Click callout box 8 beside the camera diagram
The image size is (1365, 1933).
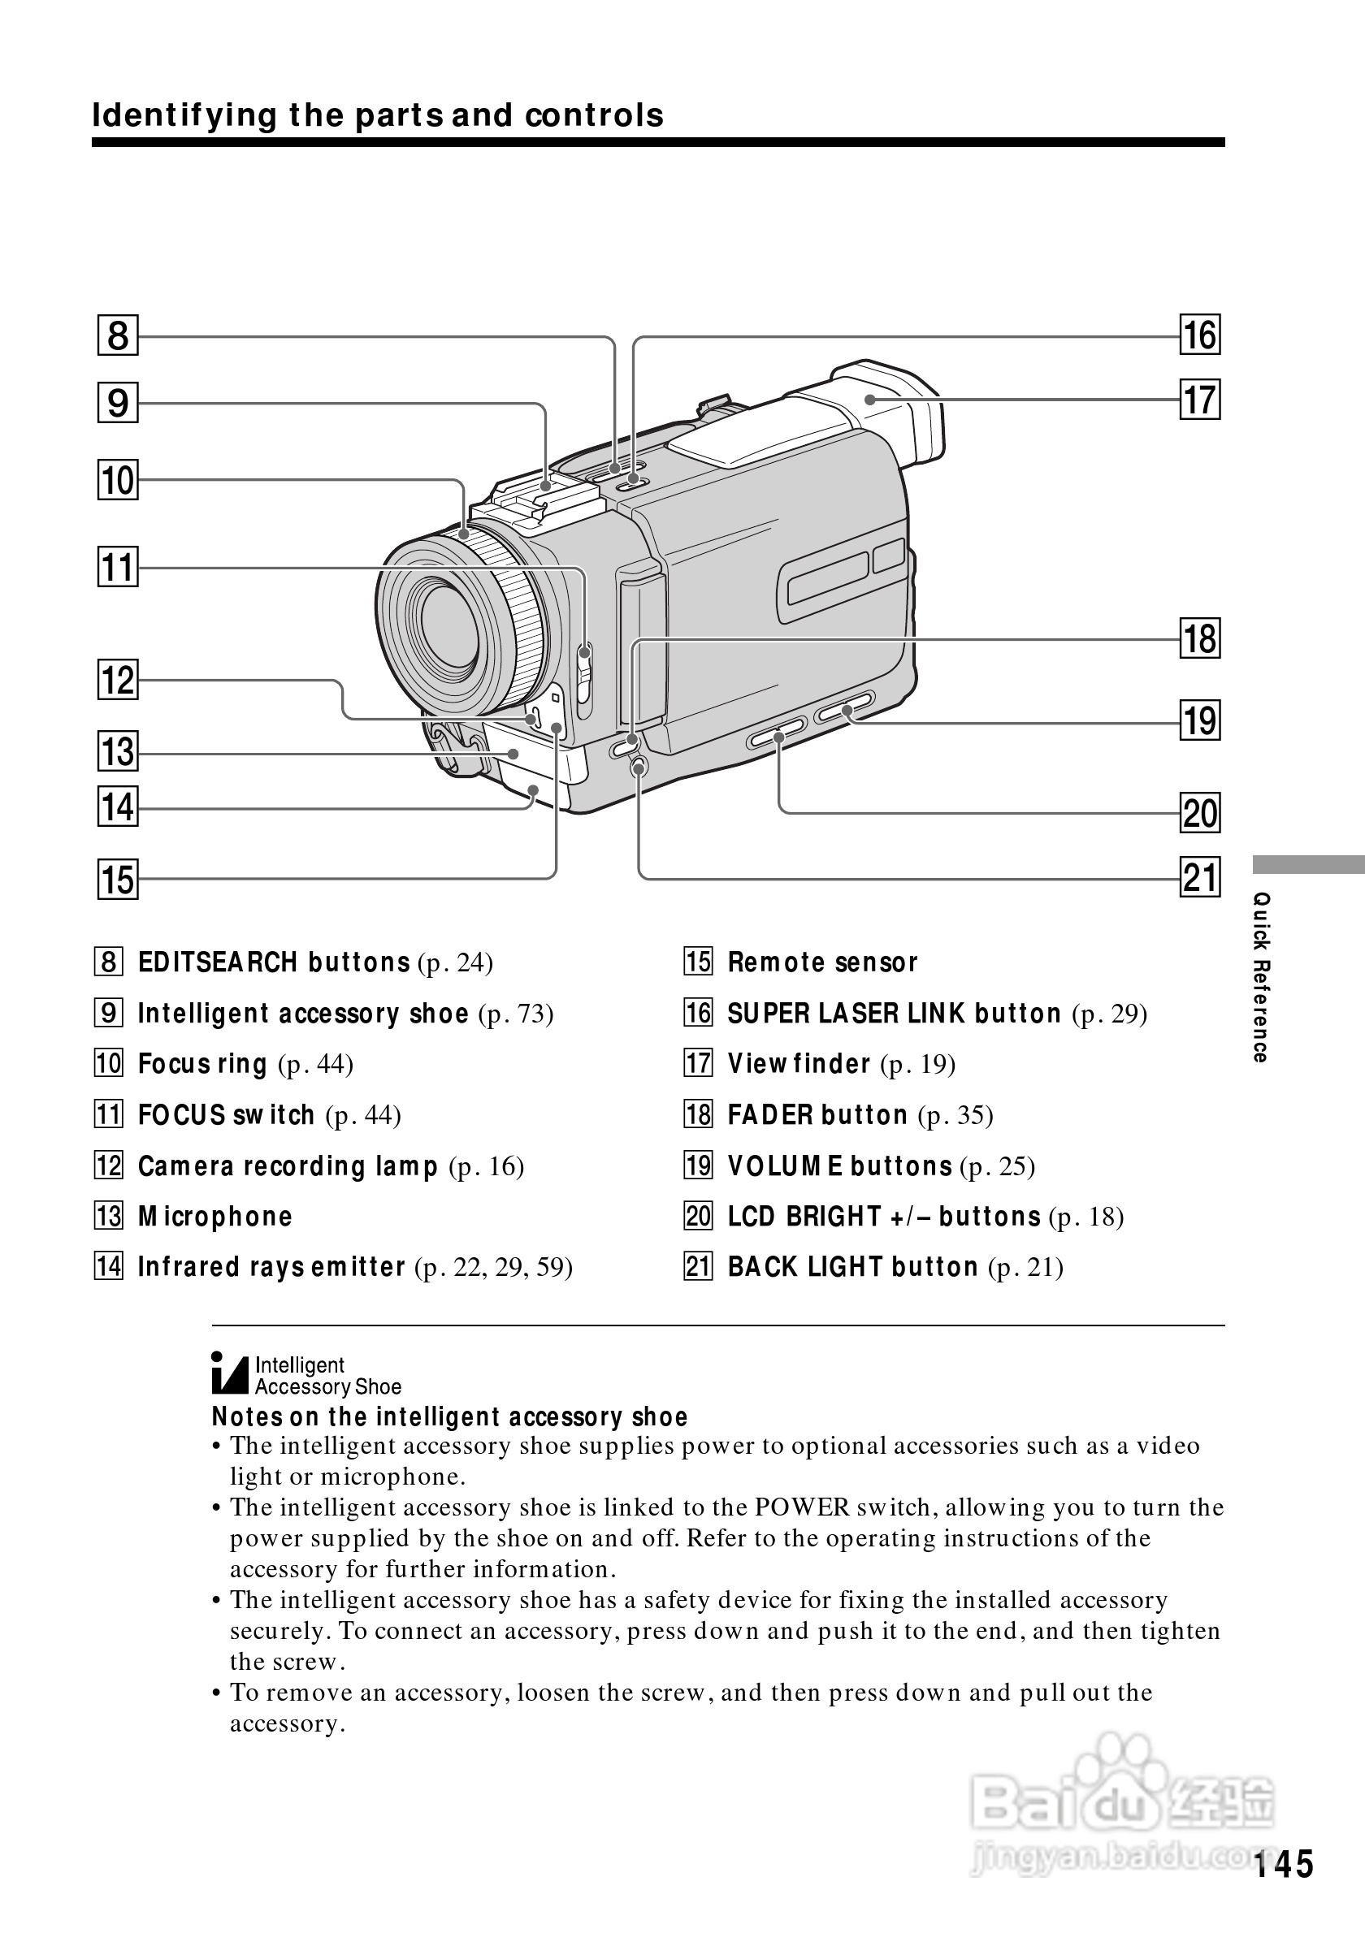coord(118,335)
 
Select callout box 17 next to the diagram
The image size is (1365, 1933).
coord(1200,399)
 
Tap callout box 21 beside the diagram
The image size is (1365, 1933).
coord(1200,877)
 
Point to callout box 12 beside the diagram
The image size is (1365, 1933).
coord(118,680)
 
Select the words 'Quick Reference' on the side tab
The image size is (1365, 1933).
coord(1260,977)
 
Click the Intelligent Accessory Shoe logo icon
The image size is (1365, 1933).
coord(230,1374)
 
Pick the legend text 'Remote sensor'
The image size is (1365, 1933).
coord(822,962)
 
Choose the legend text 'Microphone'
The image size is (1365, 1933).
coord(214,1217)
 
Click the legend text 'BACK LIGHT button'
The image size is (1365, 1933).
coord(852,1267)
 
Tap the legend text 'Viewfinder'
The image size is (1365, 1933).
coord(799,1064)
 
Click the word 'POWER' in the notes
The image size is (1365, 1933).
coord(802,1508)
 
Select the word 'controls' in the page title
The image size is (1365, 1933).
coord(594,115)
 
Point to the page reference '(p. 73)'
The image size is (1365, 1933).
coord(515,1014)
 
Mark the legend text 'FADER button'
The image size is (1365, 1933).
coord(817,1115)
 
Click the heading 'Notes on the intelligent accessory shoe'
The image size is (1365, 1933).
coord(449,1418)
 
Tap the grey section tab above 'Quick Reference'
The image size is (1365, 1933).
coord(1308,866)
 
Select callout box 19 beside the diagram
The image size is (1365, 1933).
coord(1200,720)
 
